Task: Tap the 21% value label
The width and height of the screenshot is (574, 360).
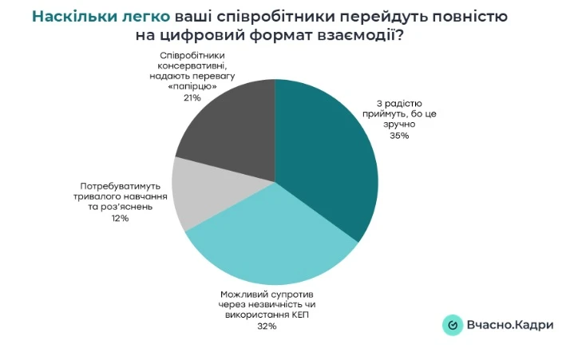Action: [192, 97]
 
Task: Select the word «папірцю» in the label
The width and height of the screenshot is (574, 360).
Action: [192, 87]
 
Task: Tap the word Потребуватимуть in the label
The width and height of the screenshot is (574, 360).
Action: [121, 184]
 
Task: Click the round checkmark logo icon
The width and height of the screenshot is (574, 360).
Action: [453, 325]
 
